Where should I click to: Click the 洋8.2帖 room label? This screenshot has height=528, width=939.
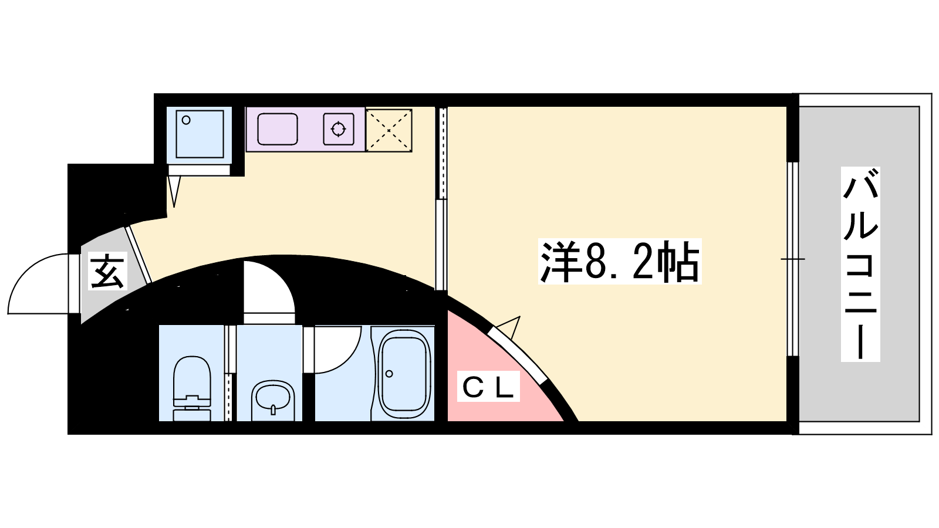[x=620, y=261]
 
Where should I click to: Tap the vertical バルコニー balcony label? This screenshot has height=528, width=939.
[x=860, y=264]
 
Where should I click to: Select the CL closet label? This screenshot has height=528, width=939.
[x=488, y=387]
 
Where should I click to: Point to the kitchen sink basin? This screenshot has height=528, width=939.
[x=278, y=129]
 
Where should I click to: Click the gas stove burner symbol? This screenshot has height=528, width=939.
[x=339, y=129]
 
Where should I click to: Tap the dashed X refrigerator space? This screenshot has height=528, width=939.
[x=389, y=130]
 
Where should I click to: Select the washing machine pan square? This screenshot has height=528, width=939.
[x=200, y=134]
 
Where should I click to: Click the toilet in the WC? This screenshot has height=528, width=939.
[x=191, y=388]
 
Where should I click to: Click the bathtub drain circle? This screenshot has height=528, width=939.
[x=390, y=373]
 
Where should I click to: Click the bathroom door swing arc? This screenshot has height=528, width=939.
[x=348, y=359]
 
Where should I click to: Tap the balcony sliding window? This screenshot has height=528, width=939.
[x=792, y=259]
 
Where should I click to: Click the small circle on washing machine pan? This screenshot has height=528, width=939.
[x=186, y=120]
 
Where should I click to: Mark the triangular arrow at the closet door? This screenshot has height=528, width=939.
[x=509, y=327]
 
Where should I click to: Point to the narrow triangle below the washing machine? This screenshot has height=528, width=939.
[x=174, y=191]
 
